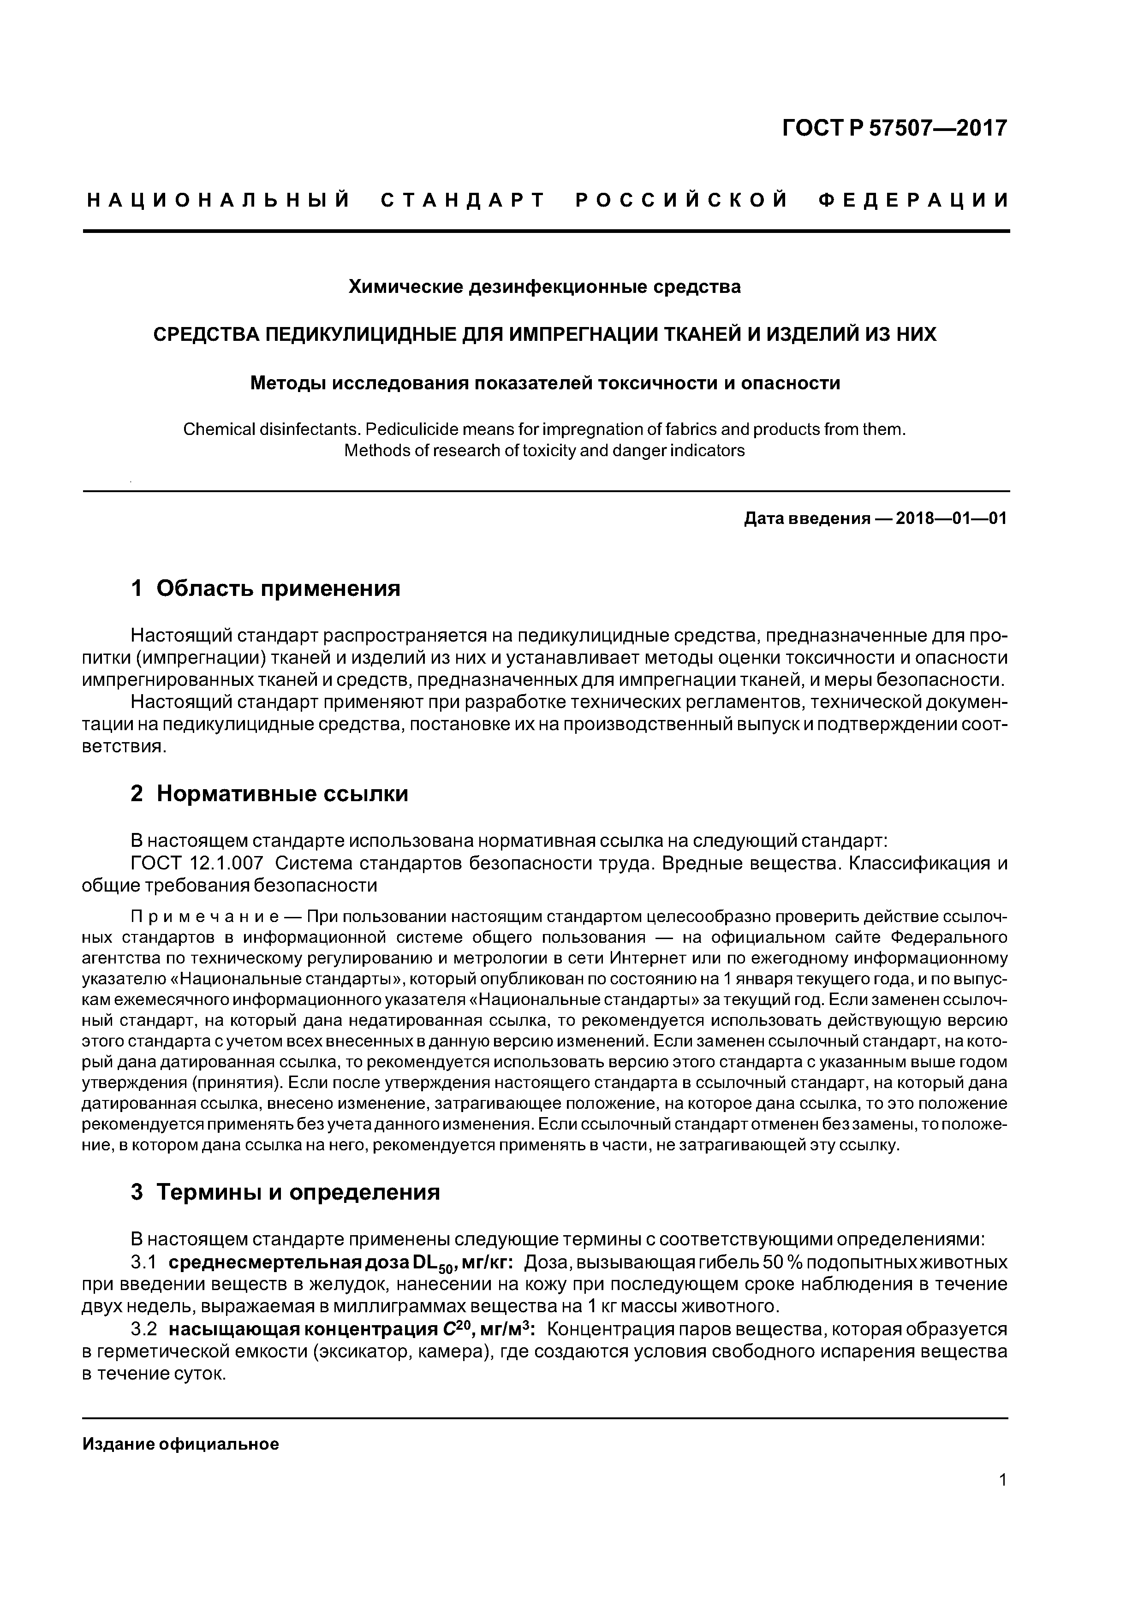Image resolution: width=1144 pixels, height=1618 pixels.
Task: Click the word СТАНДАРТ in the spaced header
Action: [x=463, y=201]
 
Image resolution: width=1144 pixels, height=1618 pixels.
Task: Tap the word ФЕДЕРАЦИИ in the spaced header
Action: [x=913, y=201]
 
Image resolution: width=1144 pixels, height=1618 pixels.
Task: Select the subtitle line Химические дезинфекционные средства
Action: [x=545, y=287]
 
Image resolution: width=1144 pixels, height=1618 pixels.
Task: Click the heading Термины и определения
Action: [x=298, y=1192]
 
